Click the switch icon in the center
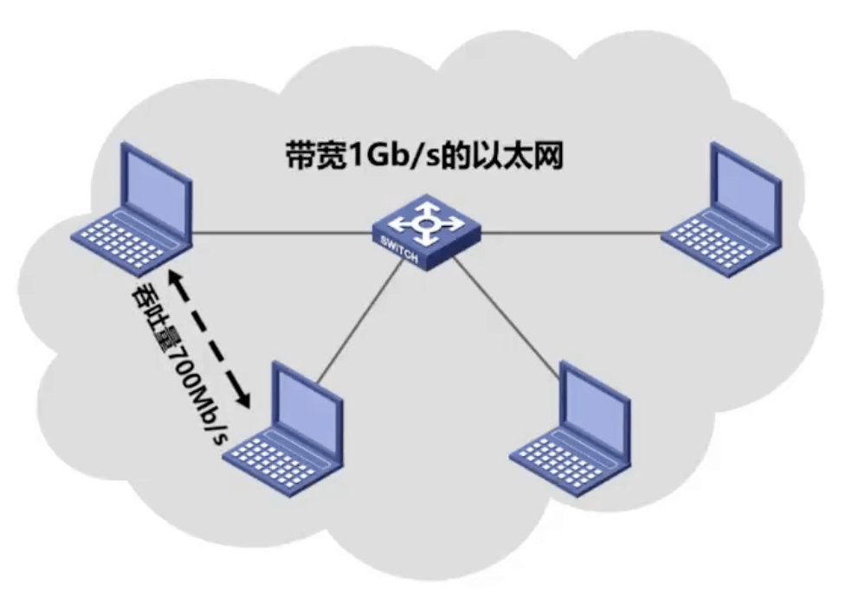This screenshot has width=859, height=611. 425,231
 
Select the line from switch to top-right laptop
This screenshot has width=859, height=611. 572,232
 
